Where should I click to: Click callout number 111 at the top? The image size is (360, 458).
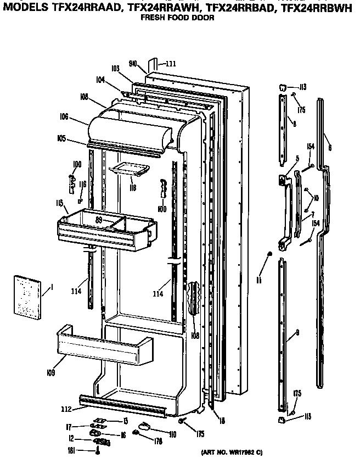point(171,64)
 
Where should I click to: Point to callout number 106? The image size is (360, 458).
point(64,116)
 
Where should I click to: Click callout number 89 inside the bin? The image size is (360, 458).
point(99,220)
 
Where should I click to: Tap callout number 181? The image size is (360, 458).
point(71,449)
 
